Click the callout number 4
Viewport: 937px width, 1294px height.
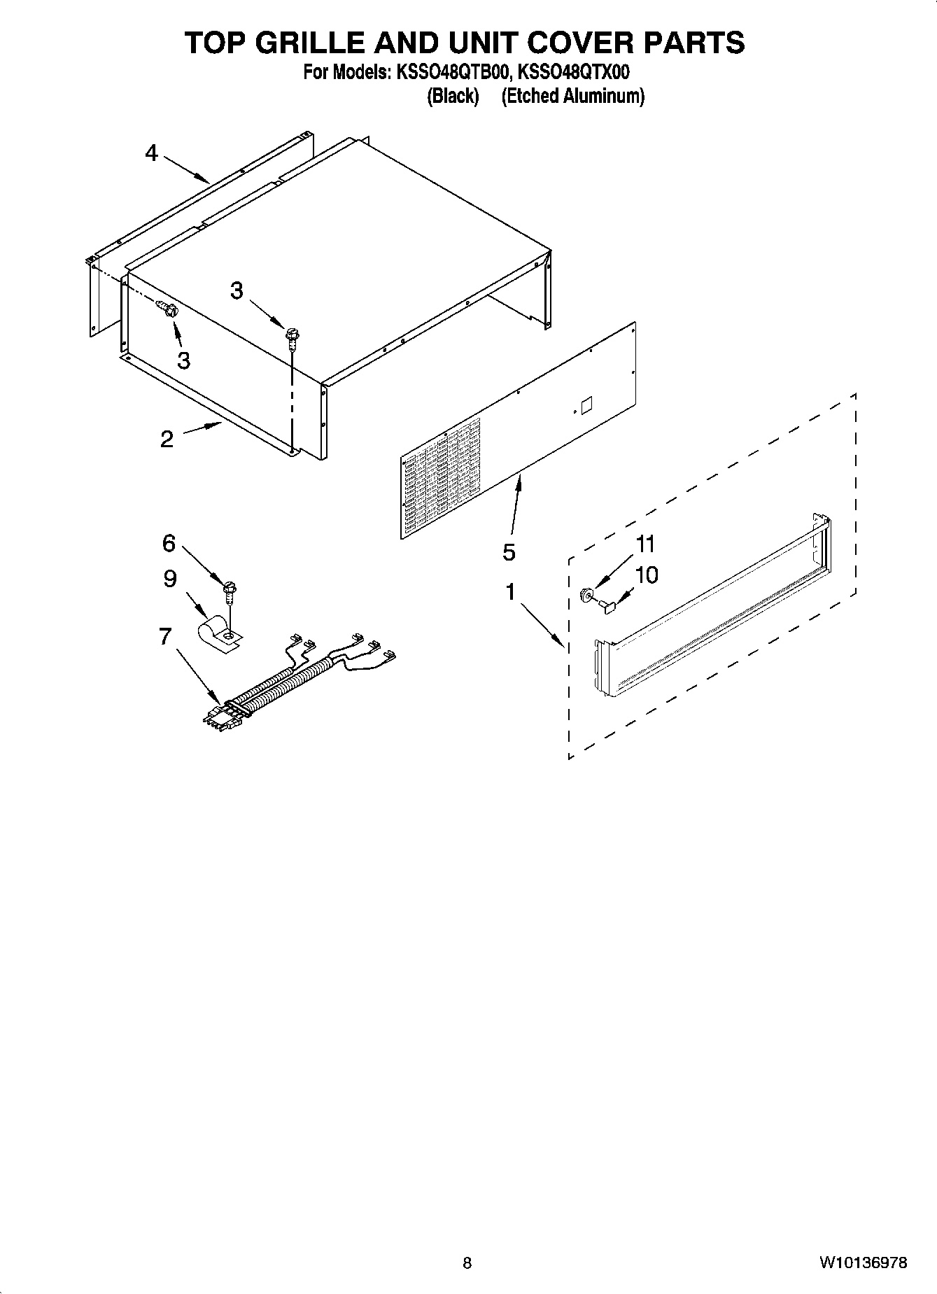pyautogui.click(x=152, y=153)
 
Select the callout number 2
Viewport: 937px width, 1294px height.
pyautogui.click(x=167, y=439)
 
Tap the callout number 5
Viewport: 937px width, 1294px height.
pyautogui.click(x=509, y=552)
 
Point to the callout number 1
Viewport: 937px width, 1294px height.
pyautogui.click(x=511, y=592)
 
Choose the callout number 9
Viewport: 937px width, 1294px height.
pyautogui.click(x=170, y=579)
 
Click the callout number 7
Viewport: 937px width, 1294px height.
pyautogui.click(x=165, y=636)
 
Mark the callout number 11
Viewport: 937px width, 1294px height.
pyautogui.click(x=645, y=544)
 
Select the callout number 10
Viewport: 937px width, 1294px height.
pyautogui.click(x=647, y=575)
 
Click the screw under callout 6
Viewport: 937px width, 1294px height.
pyautogui.click(x=228, y=591)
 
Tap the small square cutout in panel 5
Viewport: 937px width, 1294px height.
pyautogui.click(x=586, y=405)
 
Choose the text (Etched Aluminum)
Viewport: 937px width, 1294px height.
pyautogui.click(x=572, y=96)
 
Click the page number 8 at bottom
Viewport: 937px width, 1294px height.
pyautogui.click(x=467, y=1263)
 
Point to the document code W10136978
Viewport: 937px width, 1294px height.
pyautogui.click(x=864, y=1263)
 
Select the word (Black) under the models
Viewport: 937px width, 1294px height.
pyautogui.click(x=453, y=96)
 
